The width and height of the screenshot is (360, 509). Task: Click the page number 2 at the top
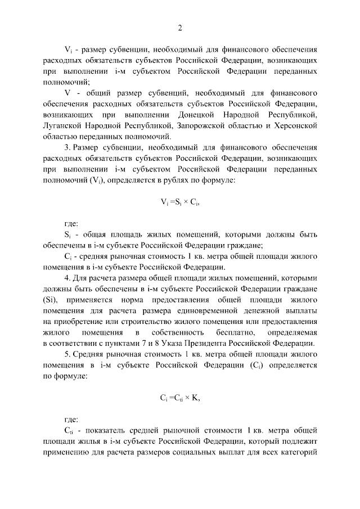pos(180,29)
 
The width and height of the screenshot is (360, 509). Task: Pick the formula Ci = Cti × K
pos(180,398)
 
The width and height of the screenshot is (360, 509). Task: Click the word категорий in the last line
pos(298,452)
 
